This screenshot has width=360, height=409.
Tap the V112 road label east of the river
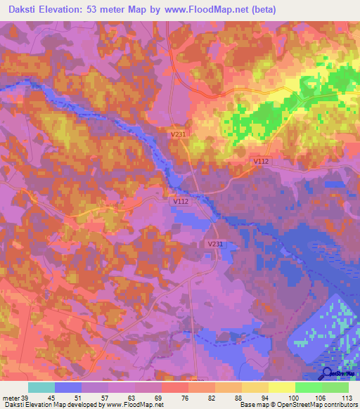click(262, 161)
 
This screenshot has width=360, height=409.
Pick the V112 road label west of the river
click(181, 201)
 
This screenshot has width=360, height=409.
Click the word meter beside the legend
click(11, 398)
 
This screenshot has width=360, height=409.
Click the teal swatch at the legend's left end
click(41, 387)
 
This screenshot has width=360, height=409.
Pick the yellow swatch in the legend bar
click(281, 387)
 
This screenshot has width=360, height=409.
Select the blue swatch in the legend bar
click(67, 387)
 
